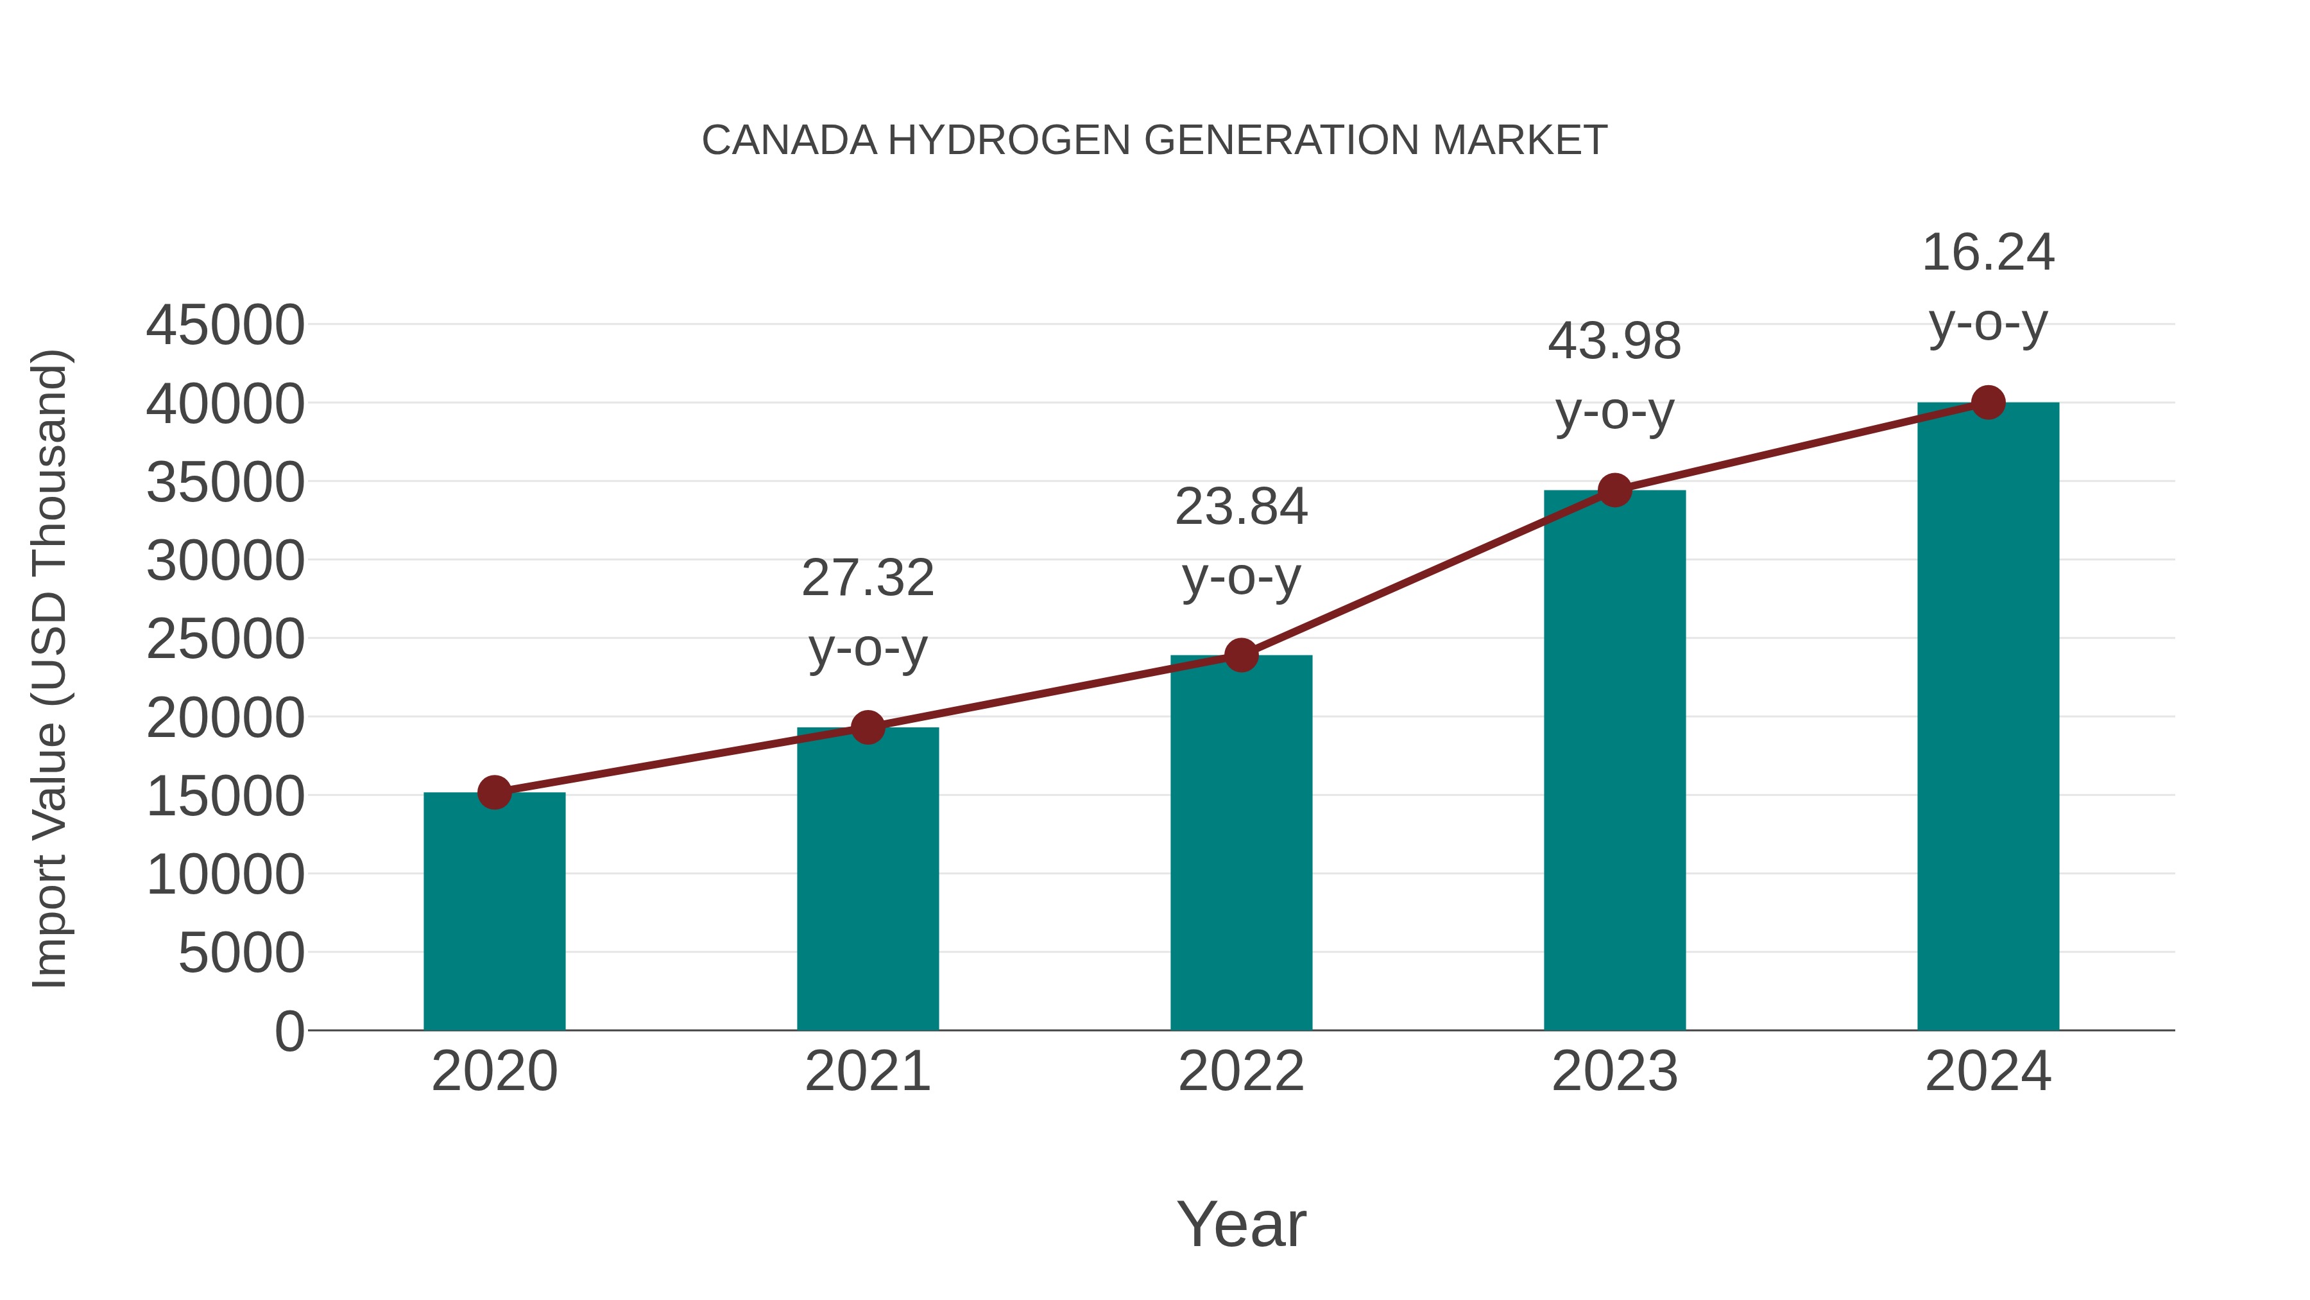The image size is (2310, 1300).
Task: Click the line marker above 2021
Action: (x=868, y=727)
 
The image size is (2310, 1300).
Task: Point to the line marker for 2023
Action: (x=1614, y=490)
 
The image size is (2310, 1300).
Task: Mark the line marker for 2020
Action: (x=494, y=792)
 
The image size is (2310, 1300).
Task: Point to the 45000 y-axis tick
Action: (x=225, y=325)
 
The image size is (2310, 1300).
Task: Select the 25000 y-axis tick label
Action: (x=225, y=639)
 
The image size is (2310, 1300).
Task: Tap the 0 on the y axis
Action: (x=289, y=1031)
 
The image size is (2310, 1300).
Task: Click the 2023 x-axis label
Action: (x=1614, y=1071)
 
